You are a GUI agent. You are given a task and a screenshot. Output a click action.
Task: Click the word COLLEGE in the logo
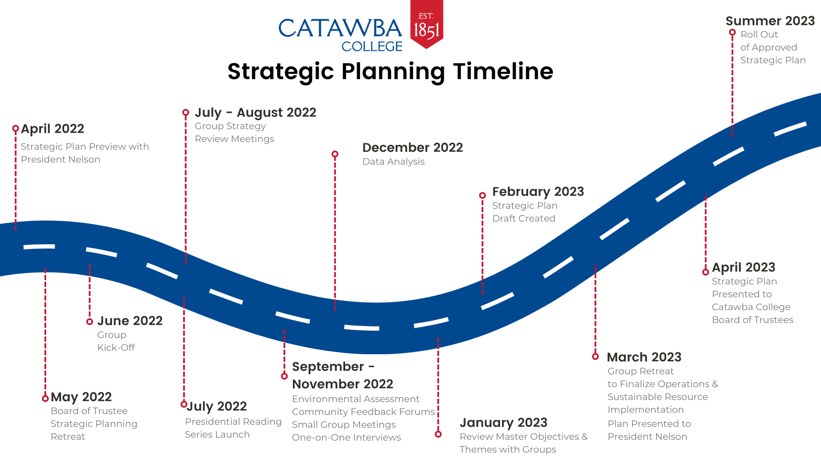(372, 46)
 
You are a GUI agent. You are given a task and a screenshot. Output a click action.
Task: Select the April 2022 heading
(52, 129)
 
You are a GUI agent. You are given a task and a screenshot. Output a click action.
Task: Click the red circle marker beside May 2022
(45, 398)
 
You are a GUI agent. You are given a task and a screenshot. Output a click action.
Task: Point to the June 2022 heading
(130, 321)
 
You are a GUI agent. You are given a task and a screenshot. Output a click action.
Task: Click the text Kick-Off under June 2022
(116, 348)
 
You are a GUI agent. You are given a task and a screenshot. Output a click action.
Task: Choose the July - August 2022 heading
(255, 113)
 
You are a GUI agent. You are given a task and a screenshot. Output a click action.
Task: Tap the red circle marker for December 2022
(335, 154)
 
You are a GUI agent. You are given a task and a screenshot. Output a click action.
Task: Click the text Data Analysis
(393, 162)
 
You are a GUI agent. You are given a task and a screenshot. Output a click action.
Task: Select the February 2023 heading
(538, 192)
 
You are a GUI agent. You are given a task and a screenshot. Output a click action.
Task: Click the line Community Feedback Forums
(363, 412)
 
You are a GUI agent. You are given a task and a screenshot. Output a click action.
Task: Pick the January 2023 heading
(503, 423)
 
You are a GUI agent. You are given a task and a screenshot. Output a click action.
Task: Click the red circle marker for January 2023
(438, 434)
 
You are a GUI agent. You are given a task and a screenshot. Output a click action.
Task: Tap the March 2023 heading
(644, 357)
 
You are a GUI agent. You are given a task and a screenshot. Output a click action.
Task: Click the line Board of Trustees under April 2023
(752, 320)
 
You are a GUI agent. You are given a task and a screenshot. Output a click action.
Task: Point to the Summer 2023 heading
(770, 21)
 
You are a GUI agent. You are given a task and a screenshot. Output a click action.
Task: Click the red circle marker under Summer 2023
(732, 33)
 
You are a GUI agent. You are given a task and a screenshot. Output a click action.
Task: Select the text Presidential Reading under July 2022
(233, 422)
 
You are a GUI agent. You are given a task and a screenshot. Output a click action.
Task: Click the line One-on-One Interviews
(346, 438)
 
